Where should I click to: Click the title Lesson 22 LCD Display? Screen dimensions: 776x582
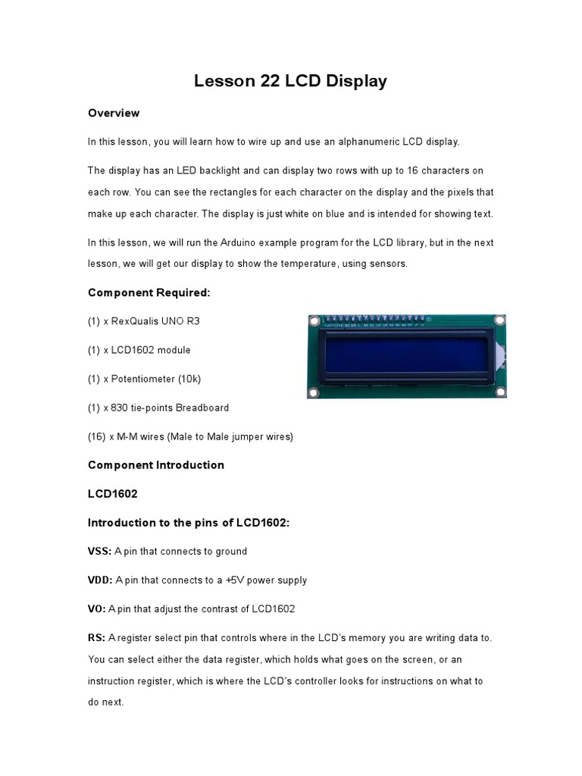(x=290, y=81)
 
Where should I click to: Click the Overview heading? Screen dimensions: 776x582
(x=114, y=113)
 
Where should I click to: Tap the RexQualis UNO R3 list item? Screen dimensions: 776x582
(x=144, y=321)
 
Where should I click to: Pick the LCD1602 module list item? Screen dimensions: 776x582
(x=139, y=350)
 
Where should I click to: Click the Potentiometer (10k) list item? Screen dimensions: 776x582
(x=145, y=379)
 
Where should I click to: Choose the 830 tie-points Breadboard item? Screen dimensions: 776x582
(x=158, y=408)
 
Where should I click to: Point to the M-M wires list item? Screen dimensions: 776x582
(x=190, y=436)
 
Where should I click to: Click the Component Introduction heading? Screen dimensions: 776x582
(x=156, y=465)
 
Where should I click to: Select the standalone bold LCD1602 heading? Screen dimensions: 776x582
(x=113, y=494)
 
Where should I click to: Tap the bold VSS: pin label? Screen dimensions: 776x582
(x=100, y=552)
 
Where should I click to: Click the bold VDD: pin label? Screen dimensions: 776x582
(x=100, y=580)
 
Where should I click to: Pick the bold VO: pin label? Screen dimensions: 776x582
(x=98, y=609)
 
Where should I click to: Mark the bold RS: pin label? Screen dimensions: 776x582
(x=97, y=638)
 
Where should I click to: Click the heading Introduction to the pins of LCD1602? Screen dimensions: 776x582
(x=189, y=523)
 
